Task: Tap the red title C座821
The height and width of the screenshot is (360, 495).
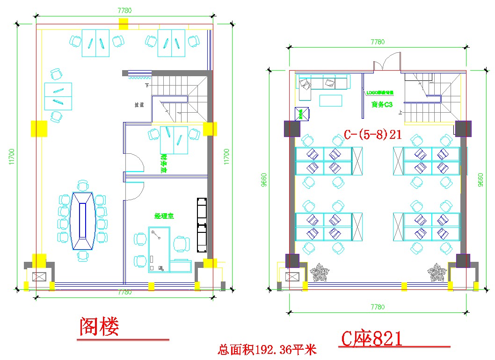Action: pyautogui.click(x=371, y=338)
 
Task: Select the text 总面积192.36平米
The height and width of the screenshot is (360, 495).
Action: pyautogui.click(x=267, y=349)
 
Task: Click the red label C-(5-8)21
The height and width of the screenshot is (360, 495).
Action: pyautogui.click(x=373, y=135)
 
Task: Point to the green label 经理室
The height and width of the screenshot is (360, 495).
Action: pyautogui.click(x=164, y=216)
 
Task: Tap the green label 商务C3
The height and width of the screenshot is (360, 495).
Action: pyautogui.click(x=382, y=105)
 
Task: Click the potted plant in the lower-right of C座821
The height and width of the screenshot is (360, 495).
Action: pyautogui.click(x=437, y=273)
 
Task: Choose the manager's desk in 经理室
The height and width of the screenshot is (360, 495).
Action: pyautogui.click(x=160, y=249)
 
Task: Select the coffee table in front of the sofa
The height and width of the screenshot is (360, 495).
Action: pyautogui.click(x=330, y=100)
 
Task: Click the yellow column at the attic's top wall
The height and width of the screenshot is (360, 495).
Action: pyautogui.click(x=123, y=23)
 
